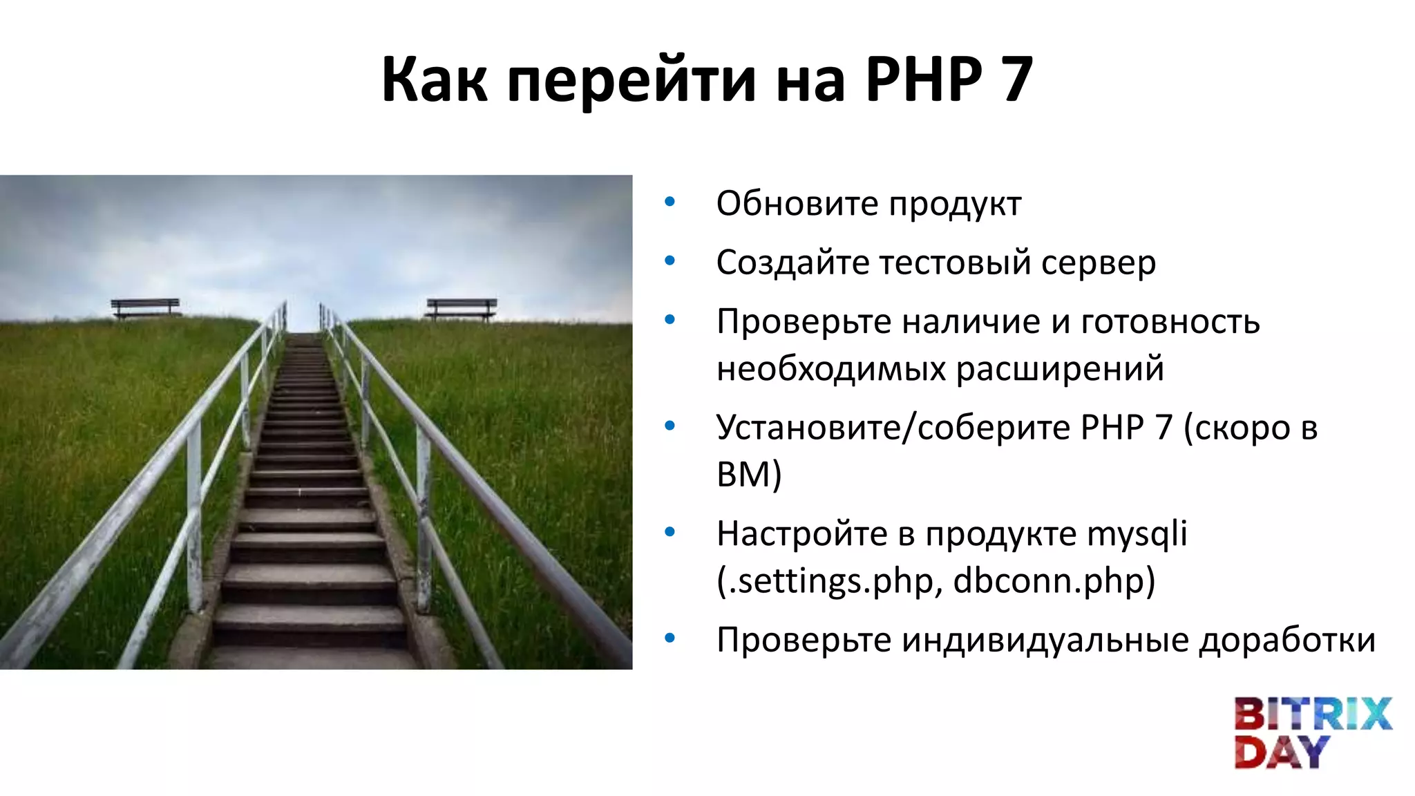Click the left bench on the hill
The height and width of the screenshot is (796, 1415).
(145, 307)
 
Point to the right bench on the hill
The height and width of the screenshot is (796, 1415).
(461, 308)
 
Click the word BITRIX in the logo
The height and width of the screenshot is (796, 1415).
(1312, 714)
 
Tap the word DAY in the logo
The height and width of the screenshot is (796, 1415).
(1281, 752)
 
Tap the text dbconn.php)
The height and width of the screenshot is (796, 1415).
(1054, 580)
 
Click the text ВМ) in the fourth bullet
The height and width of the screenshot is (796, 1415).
(749, 475)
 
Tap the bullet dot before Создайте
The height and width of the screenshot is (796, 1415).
(669, 261)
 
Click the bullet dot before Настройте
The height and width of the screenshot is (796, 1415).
(669, 532)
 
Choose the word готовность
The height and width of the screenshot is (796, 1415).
(1170, 322)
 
